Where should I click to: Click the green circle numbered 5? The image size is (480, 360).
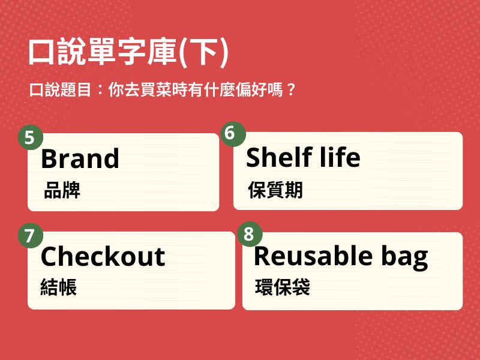click(31, 137)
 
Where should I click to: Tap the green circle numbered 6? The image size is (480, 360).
click(233, 134)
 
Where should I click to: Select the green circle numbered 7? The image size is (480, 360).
click(31, 236)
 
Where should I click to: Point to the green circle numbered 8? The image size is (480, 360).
click(250, 234)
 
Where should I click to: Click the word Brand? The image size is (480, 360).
click(80, 158)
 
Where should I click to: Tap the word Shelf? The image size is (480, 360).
click(279, 157)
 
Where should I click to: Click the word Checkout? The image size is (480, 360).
click(103, 256)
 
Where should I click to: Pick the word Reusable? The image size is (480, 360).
click(313, 256)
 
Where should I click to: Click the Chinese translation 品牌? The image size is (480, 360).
click(62, 190)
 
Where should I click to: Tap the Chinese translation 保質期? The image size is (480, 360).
click(275, 190)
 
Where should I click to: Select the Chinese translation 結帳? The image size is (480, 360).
click(58, 287)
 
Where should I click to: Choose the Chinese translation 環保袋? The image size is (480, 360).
click(282, 287)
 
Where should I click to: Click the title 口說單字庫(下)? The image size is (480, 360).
click(128, 52)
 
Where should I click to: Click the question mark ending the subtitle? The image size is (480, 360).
click(291, 89)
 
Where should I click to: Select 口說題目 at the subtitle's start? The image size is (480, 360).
click(61, 89)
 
